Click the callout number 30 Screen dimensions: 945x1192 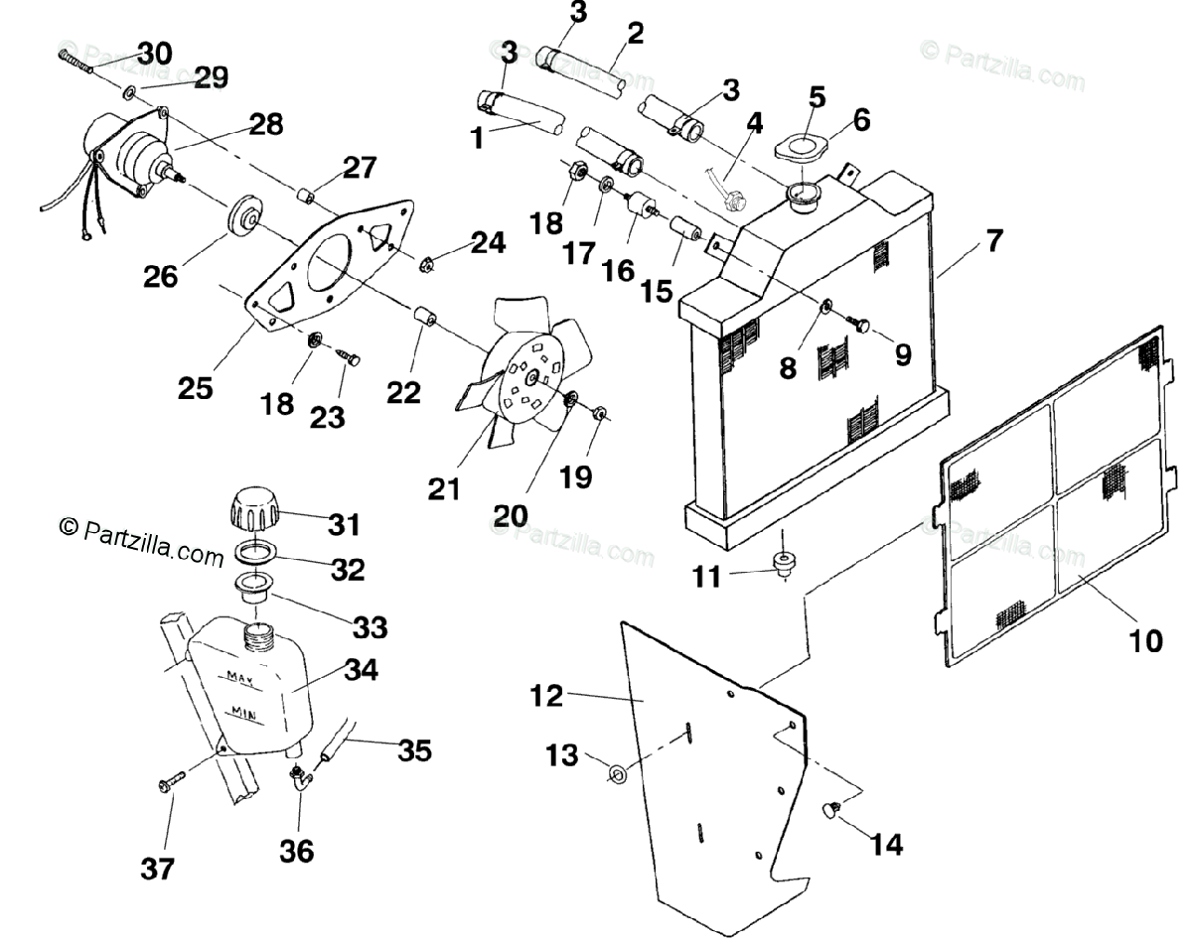pos(153,53)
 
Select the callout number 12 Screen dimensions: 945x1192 pos(547,696)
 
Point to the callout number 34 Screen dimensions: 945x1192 pos(361,671)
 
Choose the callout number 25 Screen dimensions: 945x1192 pos(197,388)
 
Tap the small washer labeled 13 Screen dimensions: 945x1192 pos(616,772)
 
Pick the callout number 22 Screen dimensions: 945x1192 pos(404,393)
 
